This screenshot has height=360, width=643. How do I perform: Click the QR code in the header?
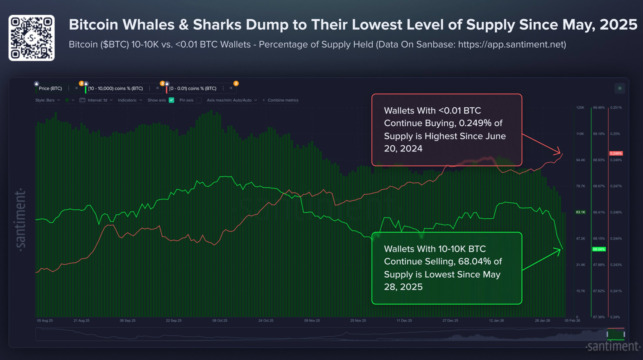[32, 38]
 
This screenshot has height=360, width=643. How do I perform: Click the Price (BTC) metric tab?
[50, 88]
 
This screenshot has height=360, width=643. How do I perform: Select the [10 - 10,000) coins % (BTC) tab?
[115, 88]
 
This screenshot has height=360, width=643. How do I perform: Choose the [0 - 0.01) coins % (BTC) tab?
[193, 88]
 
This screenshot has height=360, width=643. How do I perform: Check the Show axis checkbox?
[172, 100]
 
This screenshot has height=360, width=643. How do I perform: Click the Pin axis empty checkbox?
[199, 100]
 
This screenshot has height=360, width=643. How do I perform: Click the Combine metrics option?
[283, 100]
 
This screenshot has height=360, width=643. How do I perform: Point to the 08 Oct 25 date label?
[220, 321]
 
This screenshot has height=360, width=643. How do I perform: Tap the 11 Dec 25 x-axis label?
[404, 321]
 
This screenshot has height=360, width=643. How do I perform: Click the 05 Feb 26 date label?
[572, 321]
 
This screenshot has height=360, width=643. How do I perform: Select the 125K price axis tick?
[580, 108]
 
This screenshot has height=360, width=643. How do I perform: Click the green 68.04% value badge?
[599, 249]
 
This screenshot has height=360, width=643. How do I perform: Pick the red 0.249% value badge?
[616, 154]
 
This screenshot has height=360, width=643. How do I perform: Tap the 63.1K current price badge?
[580, 212]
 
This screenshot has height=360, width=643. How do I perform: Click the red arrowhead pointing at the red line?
[558, 152]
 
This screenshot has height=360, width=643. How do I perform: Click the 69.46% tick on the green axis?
[598, 108]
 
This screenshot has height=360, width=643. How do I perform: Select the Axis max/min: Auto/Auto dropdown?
[231, 100]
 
